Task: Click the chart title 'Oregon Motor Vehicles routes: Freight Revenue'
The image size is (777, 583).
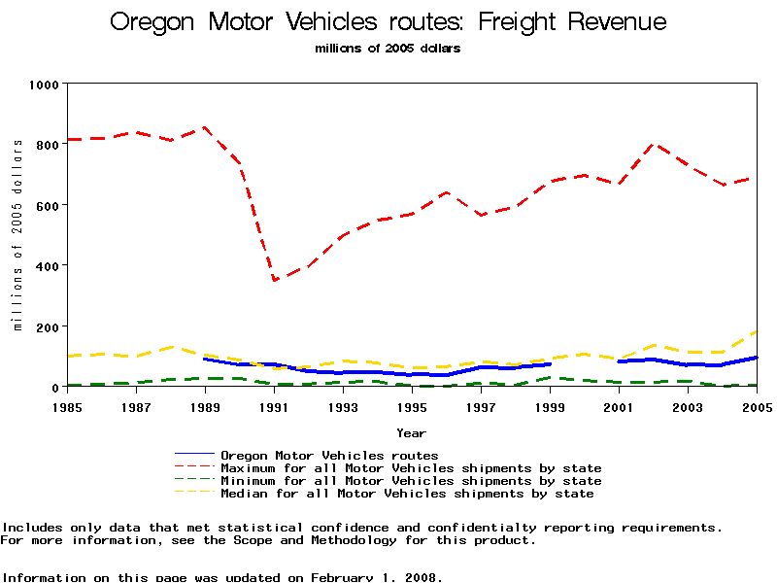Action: [x=388, y=22]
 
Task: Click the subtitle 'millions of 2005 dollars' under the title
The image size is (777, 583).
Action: [x=388, y=48]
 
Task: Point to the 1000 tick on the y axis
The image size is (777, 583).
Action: [x=43, y=85]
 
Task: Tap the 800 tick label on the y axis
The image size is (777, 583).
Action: [x=47, y=143]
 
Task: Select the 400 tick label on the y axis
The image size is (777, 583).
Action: [x=47, y=265]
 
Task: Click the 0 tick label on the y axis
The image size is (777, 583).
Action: [x=54, y=387]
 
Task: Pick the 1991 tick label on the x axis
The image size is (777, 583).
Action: [x=274, y=407]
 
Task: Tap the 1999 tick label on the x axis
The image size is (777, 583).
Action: [x=551, y=407]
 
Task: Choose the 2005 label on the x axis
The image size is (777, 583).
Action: [x=757, y=407]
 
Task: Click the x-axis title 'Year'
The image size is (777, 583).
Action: [x=410, y=432]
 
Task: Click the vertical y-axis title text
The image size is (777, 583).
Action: [x=17, y=234]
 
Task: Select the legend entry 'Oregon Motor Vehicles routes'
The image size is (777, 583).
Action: [x=329, y=455]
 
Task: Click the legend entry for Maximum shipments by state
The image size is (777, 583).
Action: [x=411, y=468]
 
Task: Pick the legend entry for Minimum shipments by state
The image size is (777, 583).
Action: [x=411, y=481]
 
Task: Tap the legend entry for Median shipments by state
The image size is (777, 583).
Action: [x=407, y=494]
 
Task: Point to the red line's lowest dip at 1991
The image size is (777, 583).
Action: [x=274, y=281]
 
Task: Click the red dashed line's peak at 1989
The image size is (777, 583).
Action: [x=203, y=127]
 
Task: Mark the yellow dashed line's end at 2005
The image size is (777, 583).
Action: [x=757, y=331]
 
